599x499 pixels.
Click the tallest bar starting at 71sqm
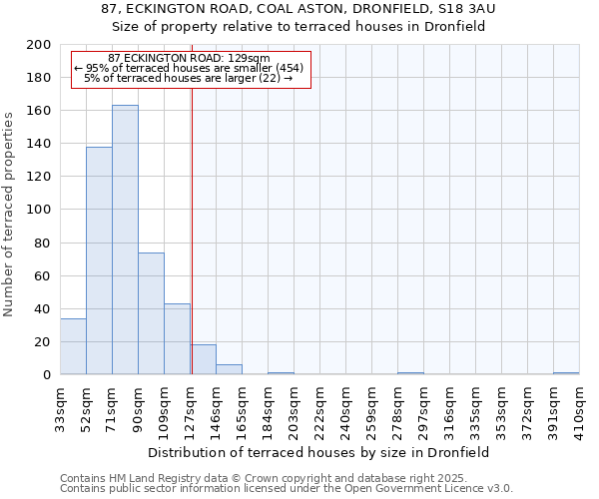[125, 240]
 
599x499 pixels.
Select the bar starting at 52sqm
[99, 260]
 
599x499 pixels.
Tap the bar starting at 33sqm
[73, 346]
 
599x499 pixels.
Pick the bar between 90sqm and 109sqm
[151, 313]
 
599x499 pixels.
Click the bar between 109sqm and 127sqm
[177, 339]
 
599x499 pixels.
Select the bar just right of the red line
[204, 359]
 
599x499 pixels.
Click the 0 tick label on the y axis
[47, 374]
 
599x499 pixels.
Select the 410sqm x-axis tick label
[579, 404]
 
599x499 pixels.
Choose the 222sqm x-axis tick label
[319, 404]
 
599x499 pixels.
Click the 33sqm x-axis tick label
[60, 404]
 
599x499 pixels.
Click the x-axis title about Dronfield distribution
[318, 452]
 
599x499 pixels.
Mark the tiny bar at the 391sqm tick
[566, 373]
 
